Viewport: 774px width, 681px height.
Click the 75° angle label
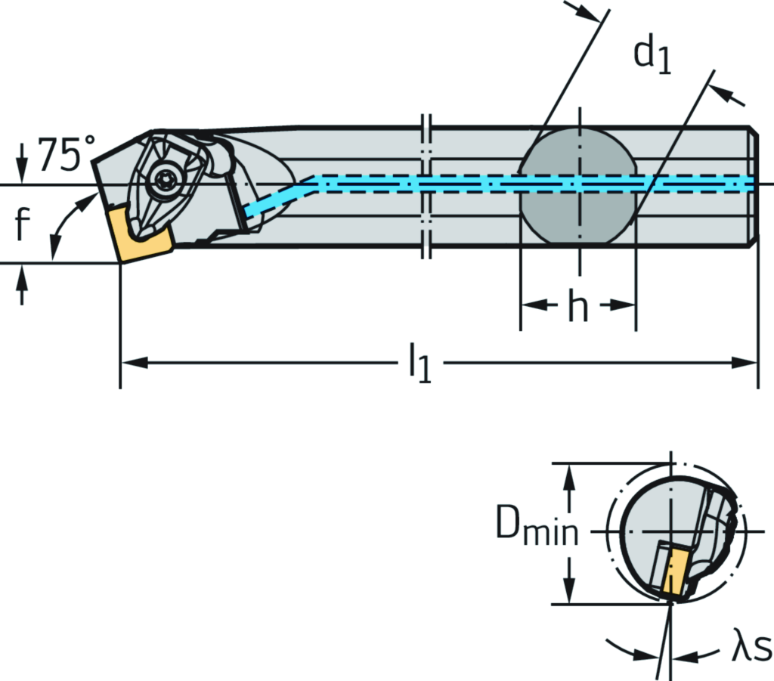[67, 154]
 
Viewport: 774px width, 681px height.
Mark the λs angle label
[751, 648]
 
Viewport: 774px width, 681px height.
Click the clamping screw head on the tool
[163, 181]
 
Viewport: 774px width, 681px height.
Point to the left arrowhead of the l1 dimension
[130, 364]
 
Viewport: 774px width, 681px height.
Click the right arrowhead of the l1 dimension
[748, 364]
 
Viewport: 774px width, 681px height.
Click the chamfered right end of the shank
[753, 186]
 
